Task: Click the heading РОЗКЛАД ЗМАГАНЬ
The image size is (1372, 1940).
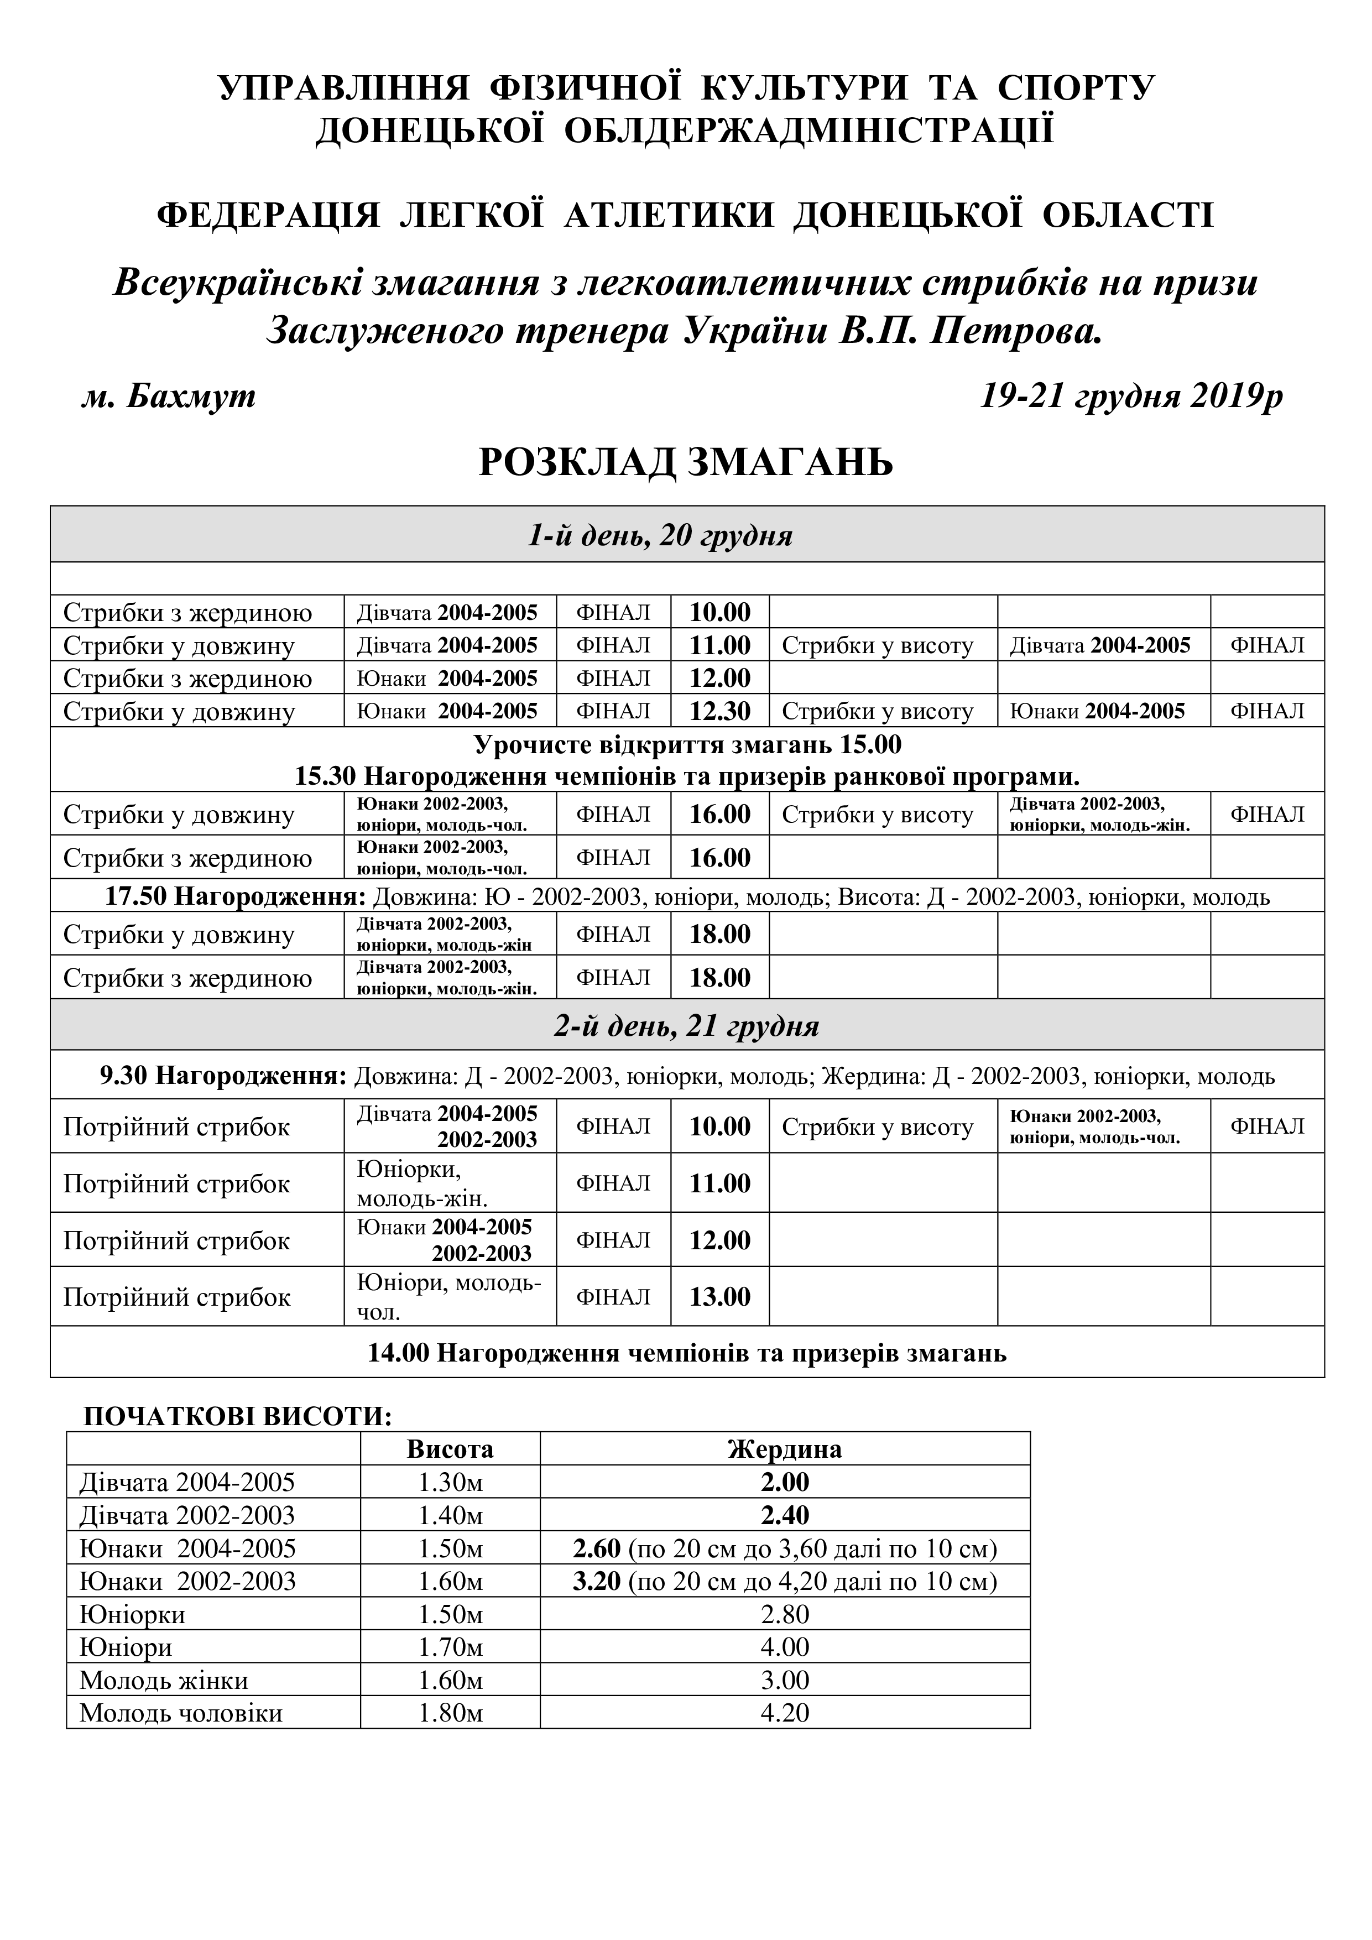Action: (x=685, y=463)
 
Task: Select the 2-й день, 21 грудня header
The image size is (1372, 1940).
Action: (x=686, y=1026)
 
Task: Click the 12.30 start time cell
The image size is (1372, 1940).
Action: (x=720, y=711)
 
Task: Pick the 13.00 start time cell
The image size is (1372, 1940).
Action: (x=720, y=1296)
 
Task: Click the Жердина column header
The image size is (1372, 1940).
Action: (x=784, y=1449)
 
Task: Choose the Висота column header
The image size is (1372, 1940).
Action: (x=450, y=1449)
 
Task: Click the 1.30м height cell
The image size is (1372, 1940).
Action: (x=450, y=1482)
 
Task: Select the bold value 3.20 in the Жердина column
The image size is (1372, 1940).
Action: (x=597, y=1581)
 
